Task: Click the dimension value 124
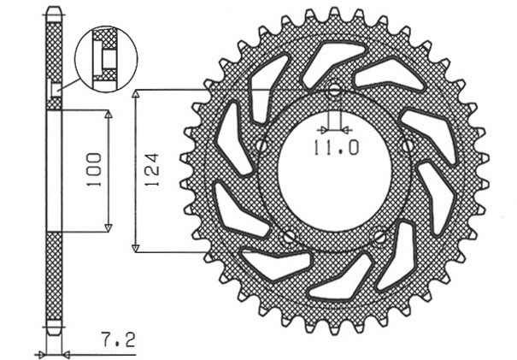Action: tap(150, 171)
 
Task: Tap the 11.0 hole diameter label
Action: tap(335, 148)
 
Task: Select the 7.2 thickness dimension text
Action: tap(118, 340)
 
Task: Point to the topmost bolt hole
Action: tap(334, 91)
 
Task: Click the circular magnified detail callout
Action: tap(106, 56)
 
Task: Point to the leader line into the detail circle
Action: tap(72, 84)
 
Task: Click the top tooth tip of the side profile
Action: tap(53, 11)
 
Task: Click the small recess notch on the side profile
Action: tap(56, 90)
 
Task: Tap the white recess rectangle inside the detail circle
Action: tap(109, 56)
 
